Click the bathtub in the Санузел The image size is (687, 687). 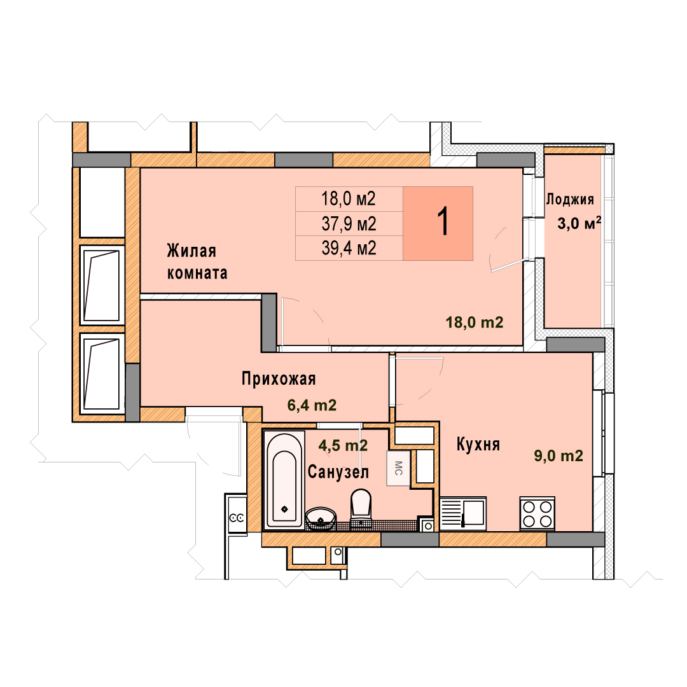pyautogui.click(x=284, y=480)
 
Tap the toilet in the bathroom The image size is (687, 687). pyautogui.click(x=361, y=509)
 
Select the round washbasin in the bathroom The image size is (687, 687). pyautogui.click(x=321, y=519)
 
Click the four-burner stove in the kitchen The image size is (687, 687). pyautogui.click(x=537, y=513)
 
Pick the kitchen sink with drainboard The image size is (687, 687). pyautogui.click(x=463, y=513)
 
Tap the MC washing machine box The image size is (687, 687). pyautogui.click(x=398, y=468)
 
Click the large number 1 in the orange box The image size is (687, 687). pyautogui.click(x=443, y=222)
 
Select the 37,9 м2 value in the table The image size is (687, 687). pyautogui.click(x=349, y=224)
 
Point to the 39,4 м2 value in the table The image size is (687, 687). pyautogui.click(x=349, y=249)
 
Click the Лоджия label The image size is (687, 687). pyautogui.click(x=569, y=200)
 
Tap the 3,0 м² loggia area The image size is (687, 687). pyautogui.click(x=579, y=223)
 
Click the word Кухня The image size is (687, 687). pyautogui.click(x=478, y=444)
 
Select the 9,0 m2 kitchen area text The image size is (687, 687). pyautogui.click(x=559, y=455)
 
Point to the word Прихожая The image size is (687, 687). pyautogui.click(x=279, y=378)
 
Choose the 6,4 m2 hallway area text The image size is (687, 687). pyautogui.click(x=312, y=405)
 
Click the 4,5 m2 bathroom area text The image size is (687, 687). pyautogui.click(x=343, y=445)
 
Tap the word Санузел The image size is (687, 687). pyautogui.click(x=338, y=472)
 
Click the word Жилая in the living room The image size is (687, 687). pyautogui.click(x=191, y=251)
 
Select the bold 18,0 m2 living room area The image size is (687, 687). pyautogui.click(x=475, y=323)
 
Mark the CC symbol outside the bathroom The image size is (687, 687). pyautogui.click(x=237, y=518)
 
